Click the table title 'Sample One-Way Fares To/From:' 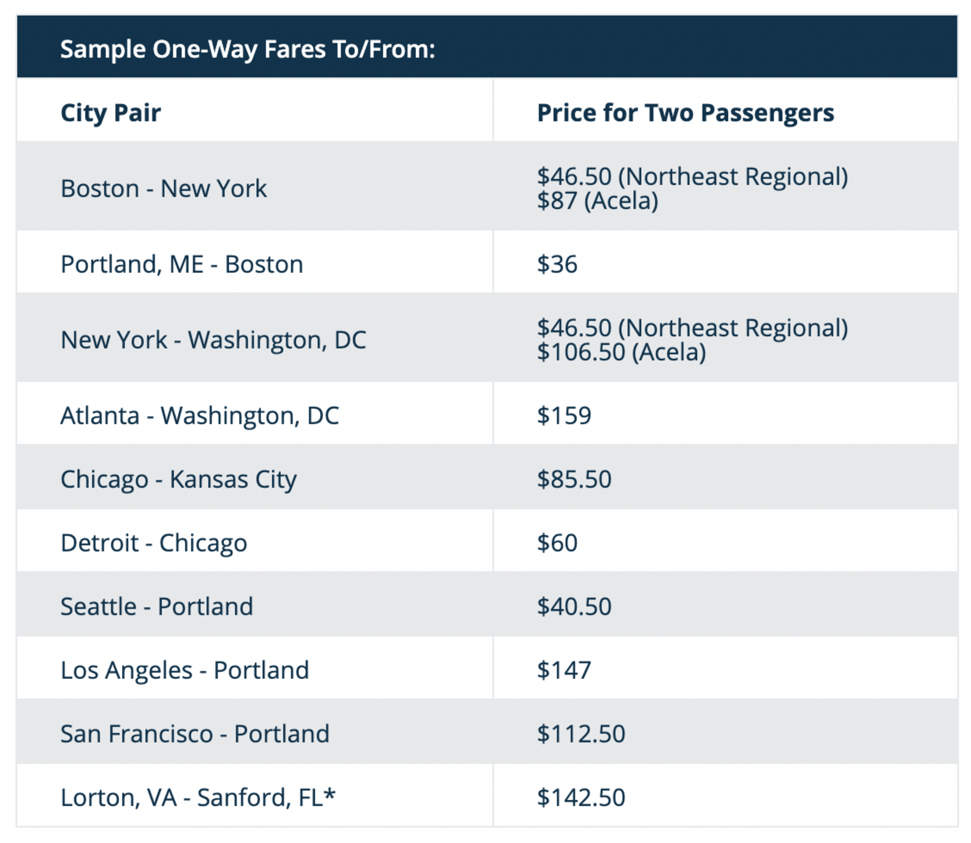coord(247,49)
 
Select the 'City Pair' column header coord(110,113)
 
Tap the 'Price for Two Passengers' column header coord(685,113)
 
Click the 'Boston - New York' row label coord(164,189)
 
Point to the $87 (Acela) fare coord(597,201)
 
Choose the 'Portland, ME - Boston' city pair coord(181,264)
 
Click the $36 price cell coord(557,264)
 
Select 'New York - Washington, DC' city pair coord(213,340)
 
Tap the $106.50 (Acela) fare coord(621,352)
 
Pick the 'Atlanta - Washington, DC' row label coord(199,415)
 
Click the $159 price coord(564,415)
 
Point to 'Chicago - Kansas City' coord(178,479)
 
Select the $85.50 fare coord(574,479)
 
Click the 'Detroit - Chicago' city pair coord(154,543)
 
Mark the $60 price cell coord(557,543)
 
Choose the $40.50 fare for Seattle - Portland coord(574,607)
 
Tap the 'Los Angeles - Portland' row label coord(185,670)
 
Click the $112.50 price coord(581,734)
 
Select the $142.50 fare coord(581,798)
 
